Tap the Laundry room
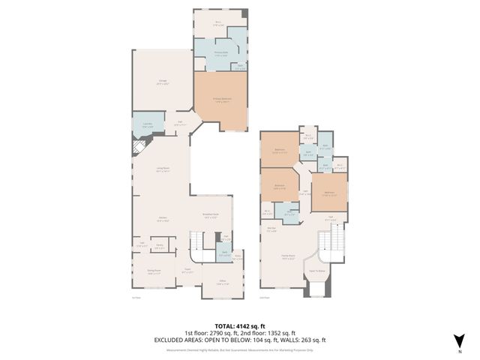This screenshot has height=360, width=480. pyautogui.click(x=147, y=124)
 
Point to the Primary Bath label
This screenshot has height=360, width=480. pyautogui.click(x=222, y=53)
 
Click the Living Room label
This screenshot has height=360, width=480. pyautogui.click(x=162, y=169)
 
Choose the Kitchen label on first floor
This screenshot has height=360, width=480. pyautogui.click(x=162, y=219)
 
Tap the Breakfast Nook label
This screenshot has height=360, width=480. pyautogui.click(x=211, y=217)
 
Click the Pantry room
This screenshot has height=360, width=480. pyautogui.click(x=160, y=246)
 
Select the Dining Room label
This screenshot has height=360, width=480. pyautogui.click(x=154, y=274)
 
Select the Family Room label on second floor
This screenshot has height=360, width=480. pyautogui.click(x=288, y=256)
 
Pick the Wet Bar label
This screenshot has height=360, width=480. pyautogui.click(x=274, y=230)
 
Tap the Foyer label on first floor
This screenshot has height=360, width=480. pyautogui.click(x=187, y=272)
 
